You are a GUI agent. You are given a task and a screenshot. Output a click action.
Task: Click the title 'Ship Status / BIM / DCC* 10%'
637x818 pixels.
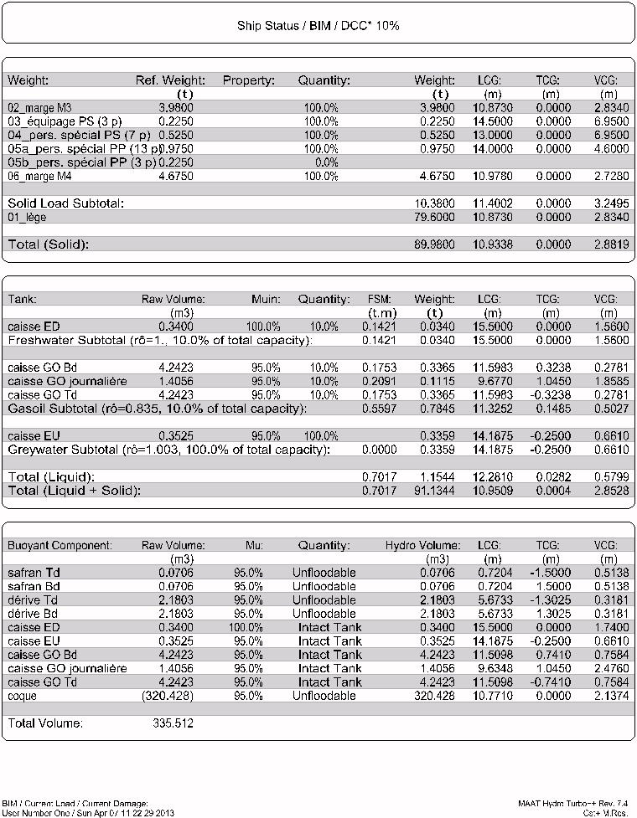tap(318, 26)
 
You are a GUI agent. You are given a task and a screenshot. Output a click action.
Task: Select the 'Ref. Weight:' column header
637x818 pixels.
tap(170, 80)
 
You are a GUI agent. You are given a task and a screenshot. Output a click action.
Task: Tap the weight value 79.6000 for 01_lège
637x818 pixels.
tap(435, 218)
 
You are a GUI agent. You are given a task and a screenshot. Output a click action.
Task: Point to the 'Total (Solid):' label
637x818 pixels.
tap(48, 244)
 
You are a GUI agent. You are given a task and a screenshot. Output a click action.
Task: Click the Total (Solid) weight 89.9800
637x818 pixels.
tap(435, 244)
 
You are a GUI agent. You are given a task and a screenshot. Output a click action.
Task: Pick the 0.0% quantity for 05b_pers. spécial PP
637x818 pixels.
tap(320, 162)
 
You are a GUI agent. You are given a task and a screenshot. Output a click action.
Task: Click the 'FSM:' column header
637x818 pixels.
tap(381, 299)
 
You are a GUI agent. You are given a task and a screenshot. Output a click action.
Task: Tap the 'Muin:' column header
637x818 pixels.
tap(265, 299)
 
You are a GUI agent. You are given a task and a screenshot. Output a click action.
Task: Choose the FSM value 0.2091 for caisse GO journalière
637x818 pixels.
tap(381, 381)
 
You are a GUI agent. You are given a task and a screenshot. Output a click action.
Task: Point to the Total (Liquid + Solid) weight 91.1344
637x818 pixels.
tap(435, 490)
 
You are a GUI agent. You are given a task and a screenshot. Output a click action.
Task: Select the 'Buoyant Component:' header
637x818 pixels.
tap(60, 546)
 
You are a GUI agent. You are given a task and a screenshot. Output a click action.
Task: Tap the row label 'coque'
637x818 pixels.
tap(23, 696)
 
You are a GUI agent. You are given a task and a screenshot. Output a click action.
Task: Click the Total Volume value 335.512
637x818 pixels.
tap(173, 723)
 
